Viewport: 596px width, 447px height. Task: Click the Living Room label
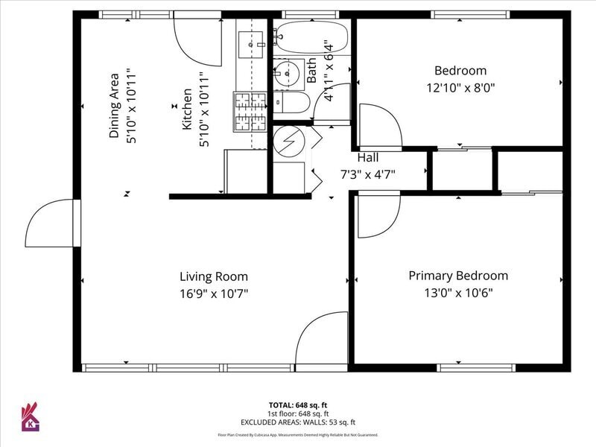(x=214, y=276)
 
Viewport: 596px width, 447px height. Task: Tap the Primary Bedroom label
(x=458, y=276)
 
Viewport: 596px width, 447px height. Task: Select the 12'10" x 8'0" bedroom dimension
(x=460, y=88)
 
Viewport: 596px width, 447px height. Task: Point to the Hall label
(x=368, y=157)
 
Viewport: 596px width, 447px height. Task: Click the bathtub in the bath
(x=311, y=37)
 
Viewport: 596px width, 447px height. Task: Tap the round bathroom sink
(x=287, y=72)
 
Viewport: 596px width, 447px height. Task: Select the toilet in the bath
(x=292, y=102)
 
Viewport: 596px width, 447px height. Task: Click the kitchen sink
(x=250, y=45)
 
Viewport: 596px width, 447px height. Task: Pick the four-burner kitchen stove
(x=250, y=112)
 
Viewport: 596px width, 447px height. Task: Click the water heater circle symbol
(x=289, y=141)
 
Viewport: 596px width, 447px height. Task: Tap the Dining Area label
(x=114, y=106)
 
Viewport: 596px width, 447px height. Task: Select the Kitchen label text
(x=187, y=109)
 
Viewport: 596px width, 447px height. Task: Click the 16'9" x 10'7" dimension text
(x=214, y=294)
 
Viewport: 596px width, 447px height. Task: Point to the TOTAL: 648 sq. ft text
(x=298, y=405)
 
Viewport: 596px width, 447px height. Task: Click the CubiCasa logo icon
(x=31, y=417)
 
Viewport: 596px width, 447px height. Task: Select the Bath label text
(x=311, y=70)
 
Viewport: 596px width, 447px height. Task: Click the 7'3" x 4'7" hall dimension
(x=367, y=175)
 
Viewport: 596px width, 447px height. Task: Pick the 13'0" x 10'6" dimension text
(x=458, y=293)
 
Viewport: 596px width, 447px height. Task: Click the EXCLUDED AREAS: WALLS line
(x=298, y=422)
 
